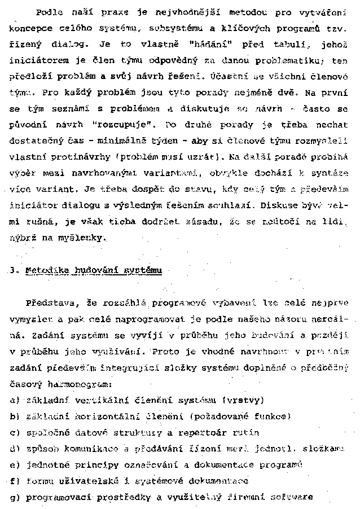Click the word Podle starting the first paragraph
[x=49, y=12]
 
